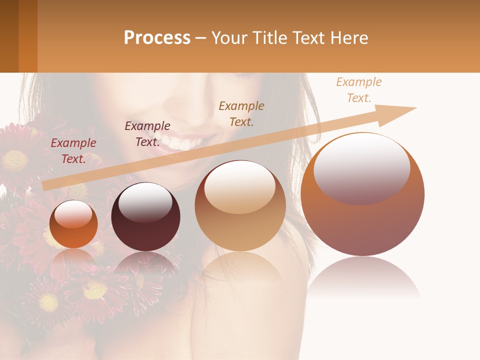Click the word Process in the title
(157, 38)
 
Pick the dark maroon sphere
(145, 232)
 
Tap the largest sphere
(362, 225)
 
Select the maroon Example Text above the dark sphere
(147, 134)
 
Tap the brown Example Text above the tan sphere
(241, 114)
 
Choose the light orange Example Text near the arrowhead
(359, 90)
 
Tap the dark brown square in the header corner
(9, 36)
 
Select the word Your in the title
(229, 38)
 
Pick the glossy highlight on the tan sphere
(240, 187)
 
